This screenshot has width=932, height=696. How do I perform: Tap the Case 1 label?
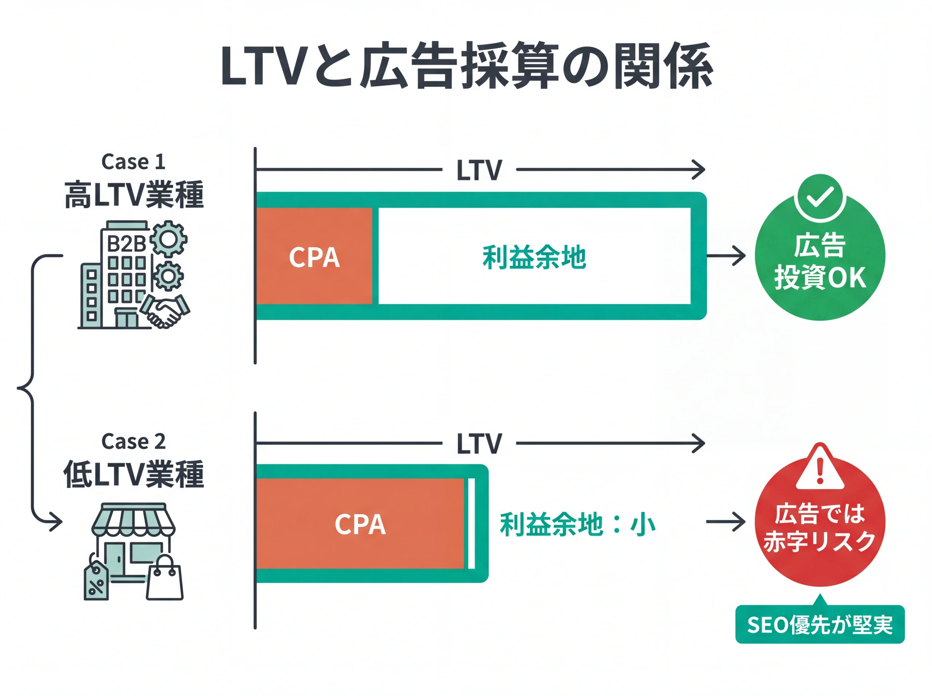pyautogui.click(x=133, y=162)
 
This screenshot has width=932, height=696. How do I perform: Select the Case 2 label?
pyautogui.click(x=133, y=441)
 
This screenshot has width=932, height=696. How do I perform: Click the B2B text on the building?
pyautogui.click(x=126, y=244)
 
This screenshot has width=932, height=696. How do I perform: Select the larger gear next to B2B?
pyautogui.click(x=169, y=239)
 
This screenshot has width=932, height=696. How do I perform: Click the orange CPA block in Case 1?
pyautogui.click(x=314, y=256)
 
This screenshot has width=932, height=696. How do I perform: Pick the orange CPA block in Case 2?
pyautogui.click(x=360, y=524)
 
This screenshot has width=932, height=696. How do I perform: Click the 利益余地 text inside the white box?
pyautogui.click(x=534, y=257)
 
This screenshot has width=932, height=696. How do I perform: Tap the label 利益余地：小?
pyautogui.click(x=577, y=524)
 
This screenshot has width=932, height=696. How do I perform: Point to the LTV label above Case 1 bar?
pyautogui.click(x=479, y=170)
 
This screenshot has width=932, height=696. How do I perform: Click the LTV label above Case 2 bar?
pyautogui.click(x=479, y=443)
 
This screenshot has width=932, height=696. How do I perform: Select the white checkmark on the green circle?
pyautogui.click(x=820, y=197)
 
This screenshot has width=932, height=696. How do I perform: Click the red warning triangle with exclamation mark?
pyautogui.click(x=820, y=468)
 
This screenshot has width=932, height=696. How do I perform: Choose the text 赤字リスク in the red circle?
pyautogui.click(x=820, y=541)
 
